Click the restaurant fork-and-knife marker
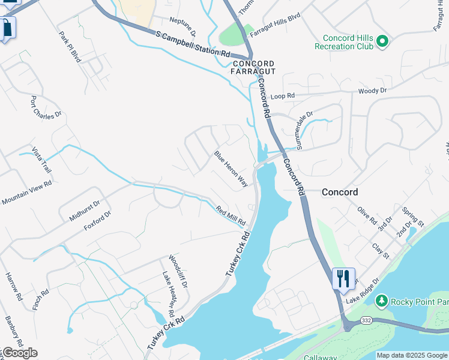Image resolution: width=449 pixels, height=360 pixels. coord(343,278)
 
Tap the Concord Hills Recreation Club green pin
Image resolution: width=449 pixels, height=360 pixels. coord(382,41)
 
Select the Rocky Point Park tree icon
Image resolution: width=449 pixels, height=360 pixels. coord(380,300)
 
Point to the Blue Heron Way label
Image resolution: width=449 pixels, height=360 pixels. coord(231,169)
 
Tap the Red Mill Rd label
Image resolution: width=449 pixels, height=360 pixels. coord(231,215)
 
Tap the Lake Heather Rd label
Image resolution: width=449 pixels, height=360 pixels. coord(167,293)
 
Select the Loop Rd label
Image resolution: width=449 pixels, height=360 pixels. coord(283,96)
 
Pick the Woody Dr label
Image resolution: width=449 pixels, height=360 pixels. coord(372,91)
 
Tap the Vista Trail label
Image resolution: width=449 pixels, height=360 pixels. coord(41,160)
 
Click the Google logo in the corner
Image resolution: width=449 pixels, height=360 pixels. coord(20,353)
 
